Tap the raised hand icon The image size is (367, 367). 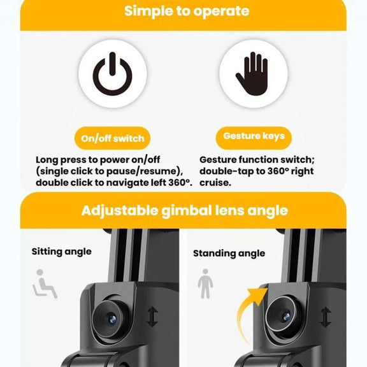pos(252,74)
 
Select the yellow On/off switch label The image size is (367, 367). pos(112,138)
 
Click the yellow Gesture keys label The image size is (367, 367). pos(254,138)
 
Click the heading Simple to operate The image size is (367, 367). pos(187,11)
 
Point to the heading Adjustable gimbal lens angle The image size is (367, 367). pos(184,211)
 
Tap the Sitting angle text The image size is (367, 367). pos(62,252)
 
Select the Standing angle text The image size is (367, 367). pos(229,254)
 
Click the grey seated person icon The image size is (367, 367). pos(45,284)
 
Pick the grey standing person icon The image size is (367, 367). pos(205,284)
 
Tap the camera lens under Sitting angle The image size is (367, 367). pos(113,319)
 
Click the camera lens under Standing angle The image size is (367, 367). pos(285,317)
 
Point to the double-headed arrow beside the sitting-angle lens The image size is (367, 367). pos(152,317)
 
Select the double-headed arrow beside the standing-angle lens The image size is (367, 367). pos(326,317)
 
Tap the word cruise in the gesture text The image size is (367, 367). pos(215,183)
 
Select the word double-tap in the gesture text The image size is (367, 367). pos(226,171)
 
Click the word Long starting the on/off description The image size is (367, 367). pos(47,160)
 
